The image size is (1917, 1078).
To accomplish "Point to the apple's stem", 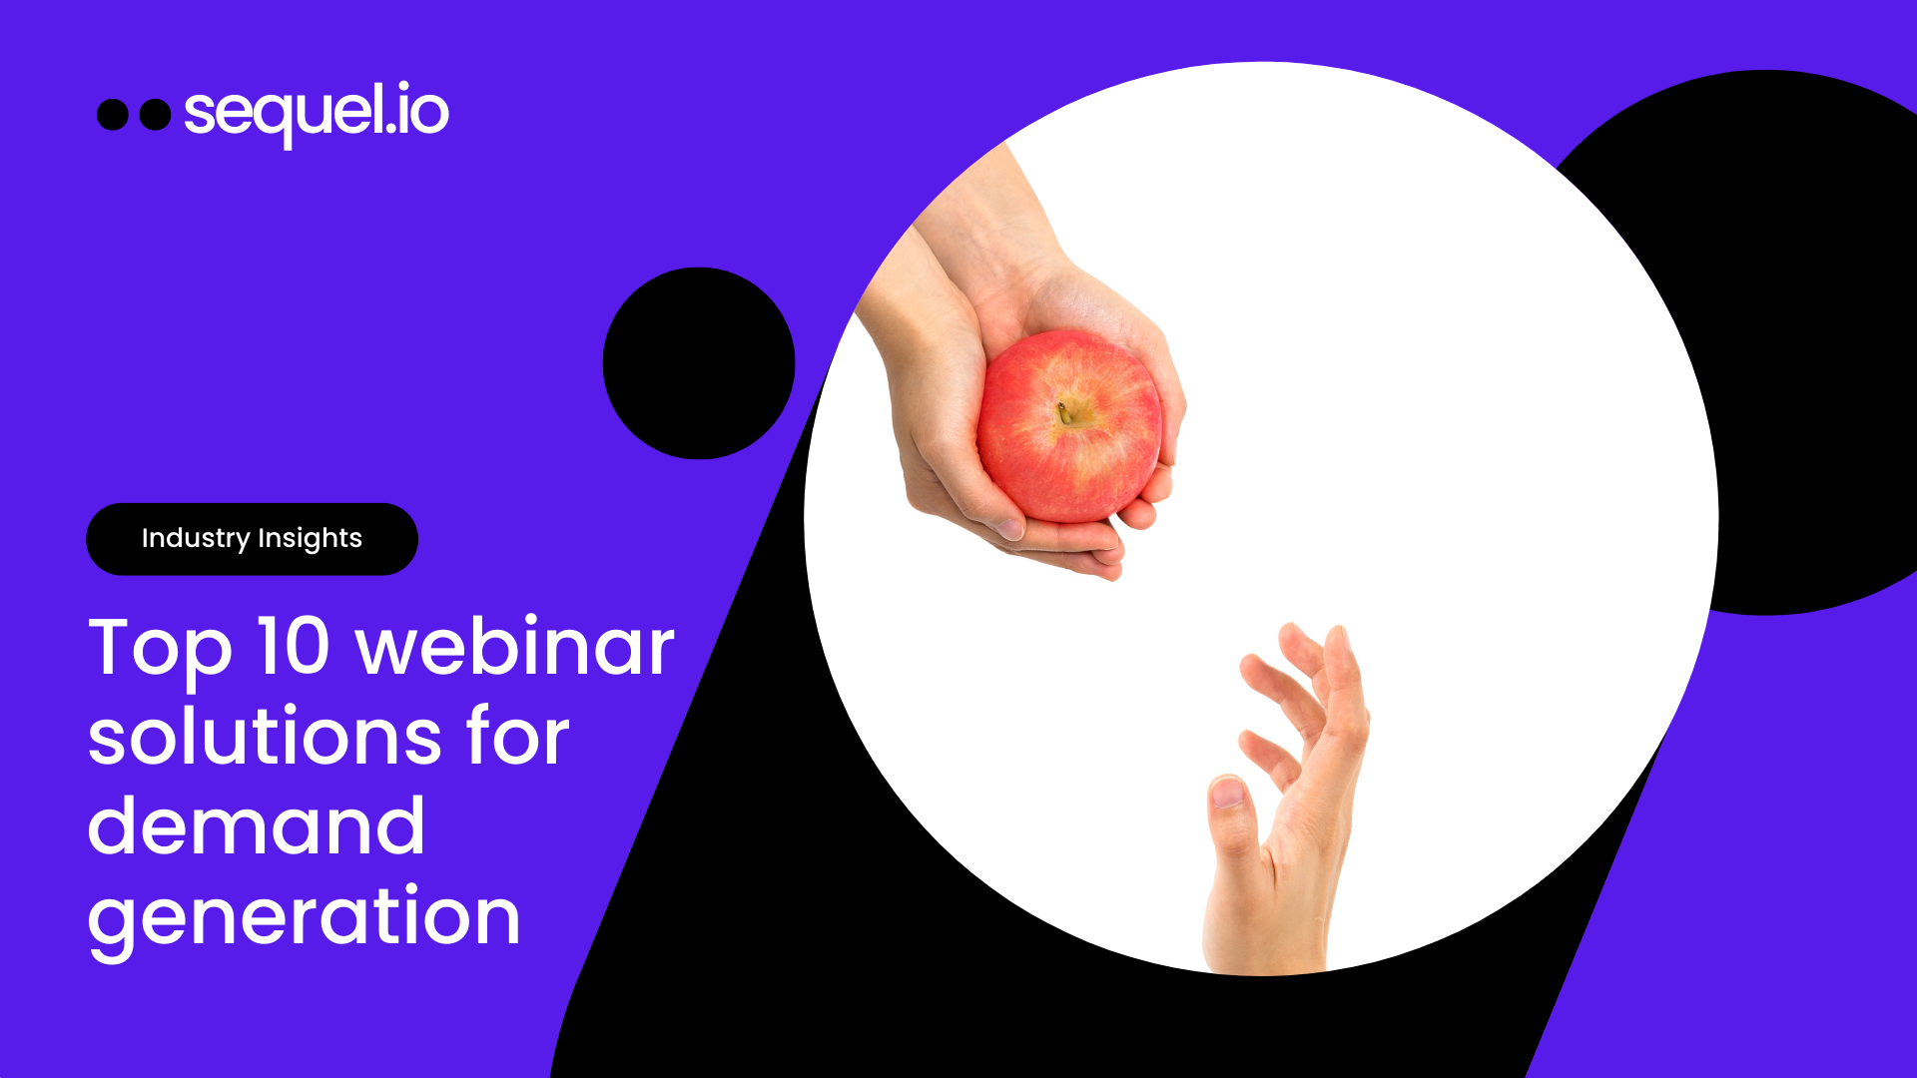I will tap(1064, 411).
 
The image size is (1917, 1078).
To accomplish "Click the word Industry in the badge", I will tap(196, 538).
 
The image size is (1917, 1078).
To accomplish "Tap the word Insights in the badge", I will tap(310, 539).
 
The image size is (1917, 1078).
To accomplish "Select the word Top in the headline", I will tap(160, 649).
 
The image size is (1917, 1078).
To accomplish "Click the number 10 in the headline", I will tap(294, 647).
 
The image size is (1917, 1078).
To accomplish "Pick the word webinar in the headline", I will tap(515, 647).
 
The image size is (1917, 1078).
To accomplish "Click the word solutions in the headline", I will tap(265, 737).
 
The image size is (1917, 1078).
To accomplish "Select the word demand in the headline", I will tap(257, 826).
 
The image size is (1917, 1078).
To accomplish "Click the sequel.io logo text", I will tap(317, 112).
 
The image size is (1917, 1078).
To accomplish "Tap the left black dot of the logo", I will tap(113, 115).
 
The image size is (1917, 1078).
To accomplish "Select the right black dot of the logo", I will tap(155, 115).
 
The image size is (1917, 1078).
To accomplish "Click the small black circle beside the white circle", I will tap(699, 363).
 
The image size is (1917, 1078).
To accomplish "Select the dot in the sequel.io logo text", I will tap(390, 130).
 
